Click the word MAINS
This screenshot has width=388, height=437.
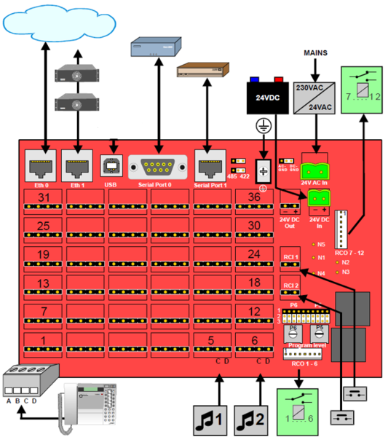click(314, 54)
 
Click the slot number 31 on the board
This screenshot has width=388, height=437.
click(43, 199)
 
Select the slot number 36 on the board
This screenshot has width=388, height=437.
click(253, 199)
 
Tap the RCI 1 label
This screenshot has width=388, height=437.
click(290, 256)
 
